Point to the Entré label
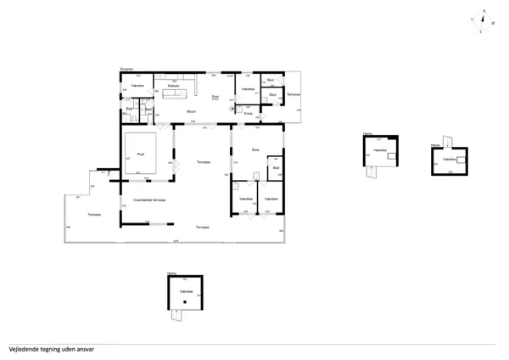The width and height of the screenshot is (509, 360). tap(249, 114)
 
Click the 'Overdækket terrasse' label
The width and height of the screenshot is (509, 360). tap(148, 200)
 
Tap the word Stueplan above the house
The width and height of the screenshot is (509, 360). tap(127, 69)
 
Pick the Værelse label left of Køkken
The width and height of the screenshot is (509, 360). tap(137, 87)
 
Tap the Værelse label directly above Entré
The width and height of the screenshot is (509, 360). tap(248, 89)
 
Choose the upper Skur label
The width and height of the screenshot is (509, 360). tap(271, 81)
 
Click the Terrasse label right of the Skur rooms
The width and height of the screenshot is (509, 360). tap(293, 93)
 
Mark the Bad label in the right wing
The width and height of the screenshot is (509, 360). tap(276, 168)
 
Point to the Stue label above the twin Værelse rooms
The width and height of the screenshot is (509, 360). tap(255, 150)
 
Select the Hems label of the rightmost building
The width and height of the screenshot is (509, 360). tap(435, 144)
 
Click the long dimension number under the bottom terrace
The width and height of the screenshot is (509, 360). tap(176, 243)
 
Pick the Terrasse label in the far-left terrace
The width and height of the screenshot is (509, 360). tap(94, 215)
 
